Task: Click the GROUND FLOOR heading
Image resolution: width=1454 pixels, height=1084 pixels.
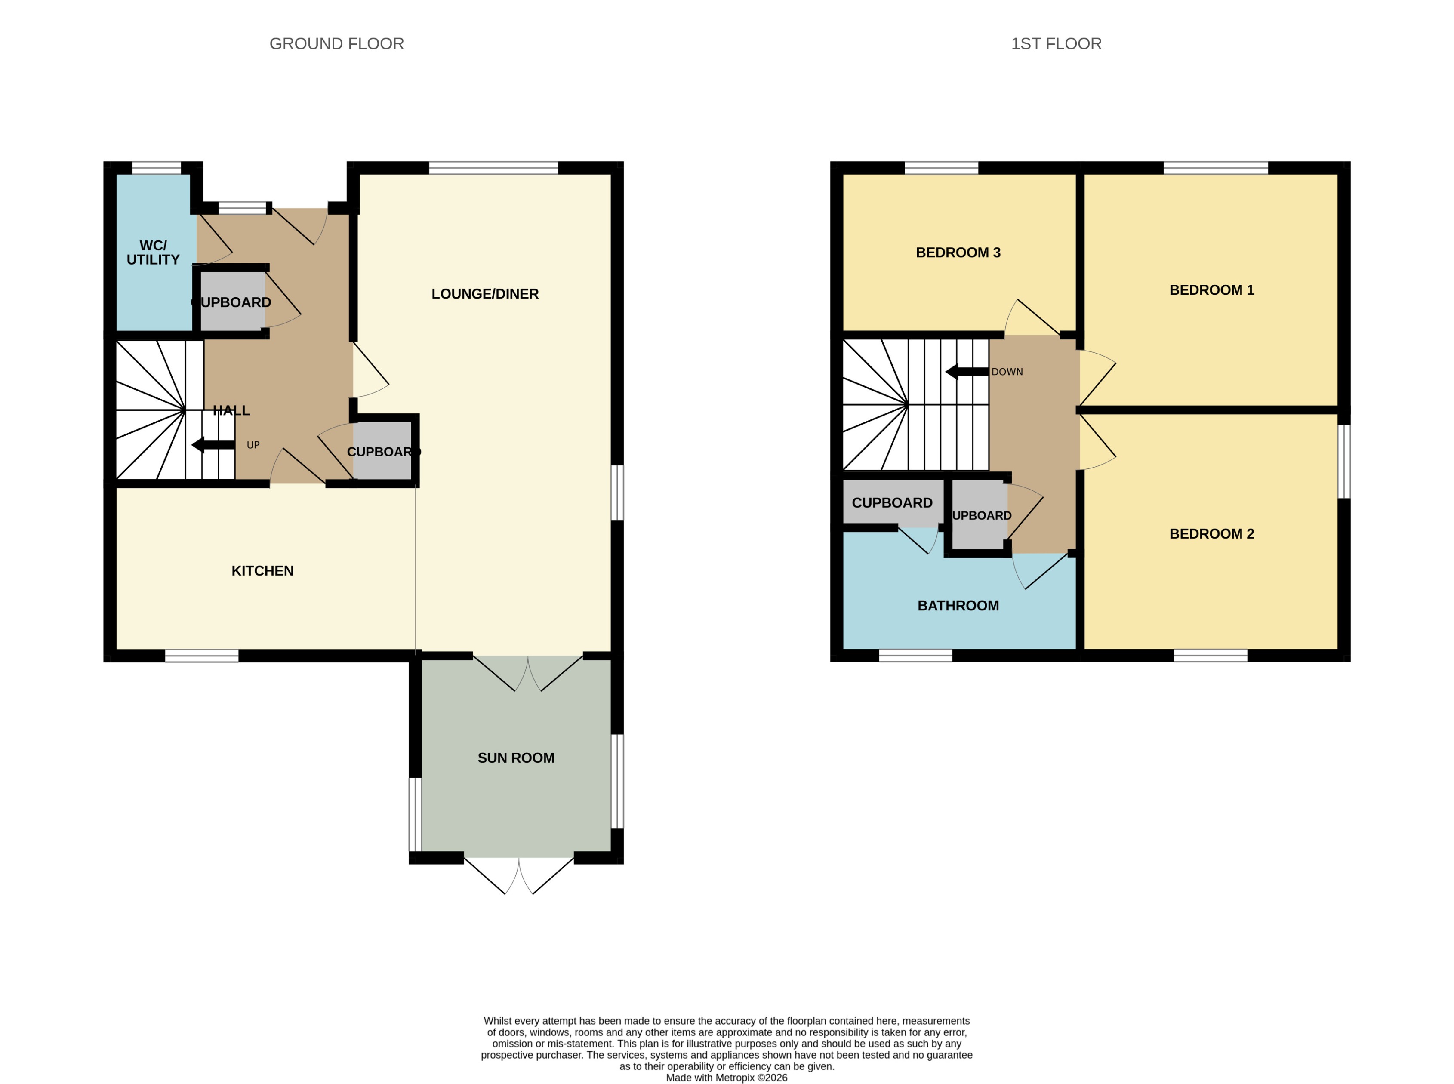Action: [x=336, y=44]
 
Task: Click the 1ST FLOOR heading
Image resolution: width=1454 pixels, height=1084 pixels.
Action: [x=1056, y=44]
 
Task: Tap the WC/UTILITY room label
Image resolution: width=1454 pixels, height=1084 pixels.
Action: [x=153, y=253]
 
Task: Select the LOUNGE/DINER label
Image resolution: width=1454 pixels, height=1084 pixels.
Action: [x=485, y=294]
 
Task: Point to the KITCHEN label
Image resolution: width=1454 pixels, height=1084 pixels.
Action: [x=262, y=571]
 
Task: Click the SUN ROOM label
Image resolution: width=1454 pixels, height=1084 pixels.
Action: [x=516, y=758]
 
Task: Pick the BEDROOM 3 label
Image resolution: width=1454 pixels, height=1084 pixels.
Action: [x=958, y=253]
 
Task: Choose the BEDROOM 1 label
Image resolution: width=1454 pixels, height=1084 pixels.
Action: [x=1211, y=290]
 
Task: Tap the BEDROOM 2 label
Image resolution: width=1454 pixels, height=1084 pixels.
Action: [x=1211, y=533]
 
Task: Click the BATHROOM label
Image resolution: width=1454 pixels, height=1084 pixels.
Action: [x=958, y=606]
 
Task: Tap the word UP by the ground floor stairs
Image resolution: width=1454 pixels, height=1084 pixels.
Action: [x=253, y=445]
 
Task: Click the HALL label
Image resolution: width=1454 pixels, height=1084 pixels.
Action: [x=231, y=411]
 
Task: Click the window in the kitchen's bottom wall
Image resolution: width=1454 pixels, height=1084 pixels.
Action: [x=201, y=656]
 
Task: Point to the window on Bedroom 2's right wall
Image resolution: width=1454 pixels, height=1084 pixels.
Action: [x=1344, y=461]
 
